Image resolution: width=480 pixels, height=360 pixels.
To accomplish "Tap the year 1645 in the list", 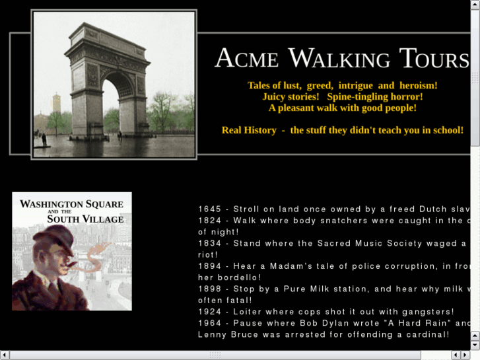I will pos(210,209).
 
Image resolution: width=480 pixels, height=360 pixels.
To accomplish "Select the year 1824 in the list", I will pos(210,221).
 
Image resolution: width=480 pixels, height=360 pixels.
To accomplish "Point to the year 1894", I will pos(210,266).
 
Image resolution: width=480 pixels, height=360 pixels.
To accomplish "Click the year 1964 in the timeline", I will pos(210,323).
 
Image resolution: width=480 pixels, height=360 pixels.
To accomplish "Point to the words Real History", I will pos(249,130).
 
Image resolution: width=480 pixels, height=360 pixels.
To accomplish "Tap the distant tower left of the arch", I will pos(56,104).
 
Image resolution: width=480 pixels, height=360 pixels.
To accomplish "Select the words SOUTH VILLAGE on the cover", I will pos(85,219).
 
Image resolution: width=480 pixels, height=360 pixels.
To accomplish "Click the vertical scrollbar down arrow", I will pos(475,345).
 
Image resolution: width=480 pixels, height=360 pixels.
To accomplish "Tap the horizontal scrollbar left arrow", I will pos(5,355).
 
